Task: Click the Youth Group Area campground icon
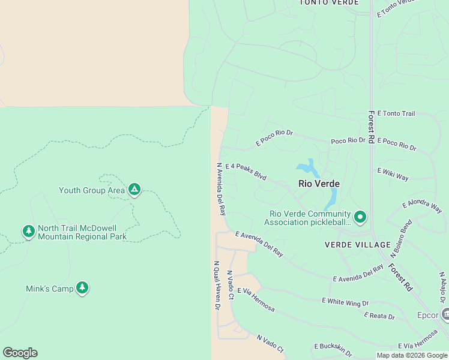tap(134, 190)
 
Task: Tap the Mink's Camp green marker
tap(83, 289)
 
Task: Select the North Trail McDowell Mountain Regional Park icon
tap(28, 232)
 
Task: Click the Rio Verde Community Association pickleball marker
tap(360, 217)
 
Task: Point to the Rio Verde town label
tap(319, 184)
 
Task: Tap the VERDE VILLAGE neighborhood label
tap(357, 245)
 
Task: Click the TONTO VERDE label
tap(329, 2)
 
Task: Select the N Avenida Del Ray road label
tap(221, 188)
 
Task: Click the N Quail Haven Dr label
tap(216, 285)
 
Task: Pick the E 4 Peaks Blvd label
tap(246, 172)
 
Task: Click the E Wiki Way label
tap(393, 174)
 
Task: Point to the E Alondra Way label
tap(423, 206)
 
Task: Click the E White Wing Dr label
tap(348, 302)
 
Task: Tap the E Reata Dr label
tap(379, 316)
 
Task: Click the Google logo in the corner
tap(20, 353)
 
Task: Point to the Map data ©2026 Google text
tap(412, 355)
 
